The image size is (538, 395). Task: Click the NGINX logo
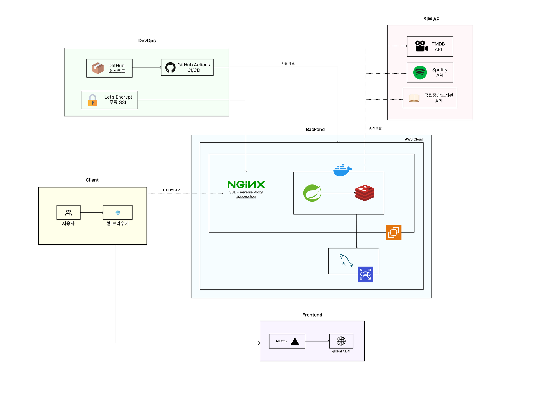click(246, 184)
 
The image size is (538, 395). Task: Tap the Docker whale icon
click(342, 170)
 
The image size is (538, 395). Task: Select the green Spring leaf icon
click(312, 193)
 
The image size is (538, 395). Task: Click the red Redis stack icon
click(365, 193)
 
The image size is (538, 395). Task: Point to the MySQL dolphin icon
click(346, 261)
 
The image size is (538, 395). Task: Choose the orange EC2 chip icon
click(393, 232)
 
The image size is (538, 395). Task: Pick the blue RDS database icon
click(365, 274)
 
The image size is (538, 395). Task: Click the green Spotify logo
click(420, 73)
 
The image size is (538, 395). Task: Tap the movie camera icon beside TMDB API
click(421, 46)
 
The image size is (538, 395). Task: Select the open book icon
click(414, 98)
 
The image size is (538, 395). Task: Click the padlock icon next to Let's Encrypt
click(92, 100)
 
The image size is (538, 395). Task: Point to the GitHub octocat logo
click(170, 67)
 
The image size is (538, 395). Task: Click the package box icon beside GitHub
click(98, 68)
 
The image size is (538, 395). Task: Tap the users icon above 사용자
click(68, 213)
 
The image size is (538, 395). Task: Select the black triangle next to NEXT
click(295, 341)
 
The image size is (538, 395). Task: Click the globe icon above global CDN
click(341, 341)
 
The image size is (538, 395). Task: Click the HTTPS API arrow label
click(172, 190)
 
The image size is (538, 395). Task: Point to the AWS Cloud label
click(414, 139)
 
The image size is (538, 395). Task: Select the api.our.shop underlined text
click(246, 197)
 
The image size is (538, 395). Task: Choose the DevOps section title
click(147, 41)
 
